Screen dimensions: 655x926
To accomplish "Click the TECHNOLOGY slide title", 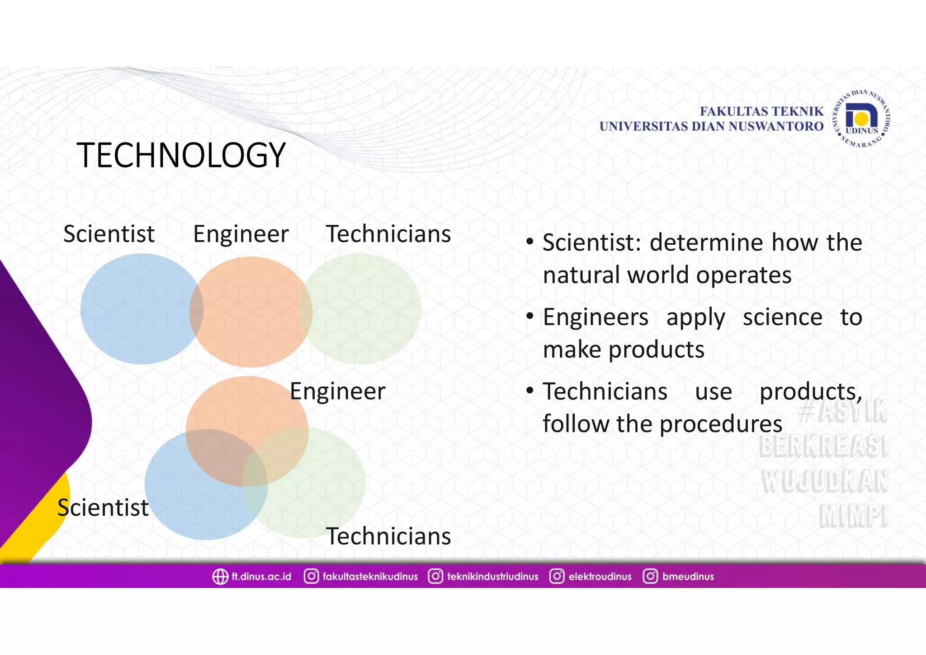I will (x=181, y=155).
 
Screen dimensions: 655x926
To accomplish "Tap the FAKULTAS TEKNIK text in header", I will (x=761, y=111).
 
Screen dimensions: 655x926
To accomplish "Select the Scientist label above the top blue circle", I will (x=109, y=234).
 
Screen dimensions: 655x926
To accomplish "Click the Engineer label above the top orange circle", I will (x=241, y=234).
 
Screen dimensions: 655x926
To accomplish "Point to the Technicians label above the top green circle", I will (x=388, y=234).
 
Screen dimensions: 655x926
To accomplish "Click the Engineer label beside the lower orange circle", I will (x=337, y=391).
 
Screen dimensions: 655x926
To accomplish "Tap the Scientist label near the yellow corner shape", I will (x=103, y=508).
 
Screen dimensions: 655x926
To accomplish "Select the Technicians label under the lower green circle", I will (x=388, y=536).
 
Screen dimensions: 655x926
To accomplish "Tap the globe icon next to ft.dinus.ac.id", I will (x=220, y=577).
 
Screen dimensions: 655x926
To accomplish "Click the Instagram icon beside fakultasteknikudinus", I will (x=311, y=576).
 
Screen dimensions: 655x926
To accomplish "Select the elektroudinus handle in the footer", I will (x=600, y=577).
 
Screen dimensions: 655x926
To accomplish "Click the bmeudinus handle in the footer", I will (x=688, y=577).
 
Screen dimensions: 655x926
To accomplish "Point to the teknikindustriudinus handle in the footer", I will (x=492, y=577).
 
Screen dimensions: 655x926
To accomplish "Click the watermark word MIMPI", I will (x=853, y=517).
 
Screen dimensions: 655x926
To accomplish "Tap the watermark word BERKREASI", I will (x=823, y=446).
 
